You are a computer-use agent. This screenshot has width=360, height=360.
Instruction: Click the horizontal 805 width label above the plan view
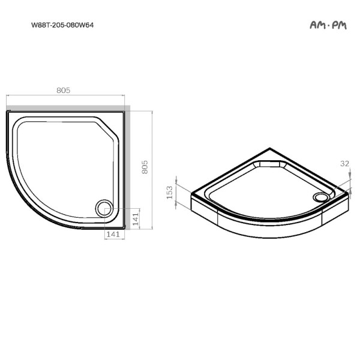point(64,90)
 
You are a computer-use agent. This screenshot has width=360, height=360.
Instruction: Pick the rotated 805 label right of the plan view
point(145,167)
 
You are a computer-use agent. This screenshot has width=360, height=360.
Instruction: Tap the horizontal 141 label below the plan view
point(113,234)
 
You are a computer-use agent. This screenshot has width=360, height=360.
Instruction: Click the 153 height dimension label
point(170,192)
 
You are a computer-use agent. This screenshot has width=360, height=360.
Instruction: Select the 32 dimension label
point(344,163)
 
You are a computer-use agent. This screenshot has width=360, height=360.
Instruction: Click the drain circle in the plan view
point(104,208)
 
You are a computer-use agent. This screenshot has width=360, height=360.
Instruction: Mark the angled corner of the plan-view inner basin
point(108,128)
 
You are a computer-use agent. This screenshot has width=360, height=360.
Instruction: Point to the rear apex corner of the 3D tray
point(272,147)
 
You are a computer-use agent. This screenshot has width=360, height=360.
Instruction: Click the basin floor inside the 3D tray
point(264,186)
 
